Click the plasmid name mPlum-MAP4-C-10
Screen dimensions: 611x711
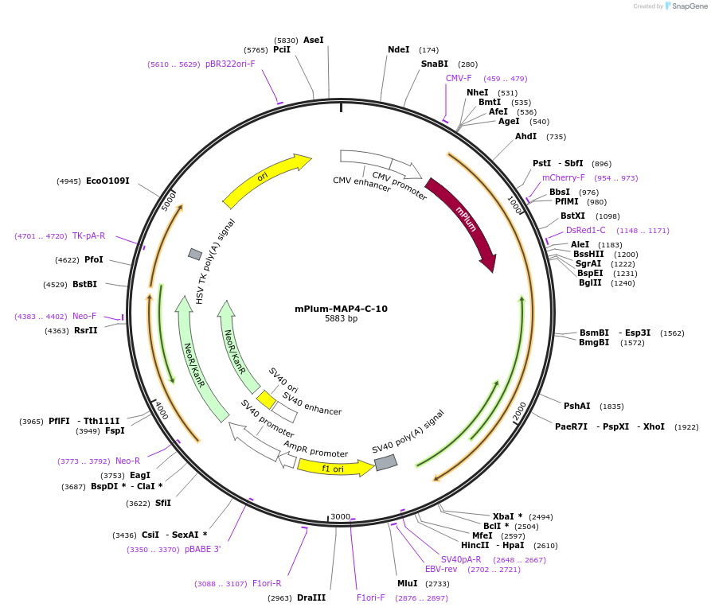click(341, 309)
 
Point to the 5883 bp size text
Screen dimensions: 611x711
click(341, 319)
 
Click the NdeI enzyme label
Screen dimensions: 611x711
click(398, 49)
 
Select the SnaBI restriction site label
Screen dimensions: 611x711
click(435, 64)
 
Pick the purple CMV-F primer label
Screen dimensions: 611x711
click(459, 78)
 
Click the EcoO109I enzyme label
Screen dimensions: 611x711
click(107, 181)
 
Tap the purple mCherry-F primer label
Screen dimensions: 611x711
click(564, 177)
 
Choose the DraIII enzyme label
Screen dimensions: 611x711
click(311, 597)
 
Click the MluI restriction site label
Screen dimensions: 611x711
click(408, 583)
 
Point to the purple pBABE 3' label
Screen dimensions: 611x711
click(203, 549)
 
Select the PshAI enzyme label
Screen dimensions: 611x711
click(577, 406)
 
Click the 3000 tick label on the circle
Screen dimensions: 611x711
click(340, 516)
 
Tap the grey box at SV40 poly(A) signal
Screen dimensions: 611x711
click(385, 462)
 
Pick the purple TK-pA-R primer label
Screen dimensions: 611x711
click(88, 235)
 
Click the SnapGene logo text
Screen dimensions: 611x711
click(690, 6)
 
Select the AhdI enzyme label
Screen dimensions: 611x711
click(526, 136)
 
